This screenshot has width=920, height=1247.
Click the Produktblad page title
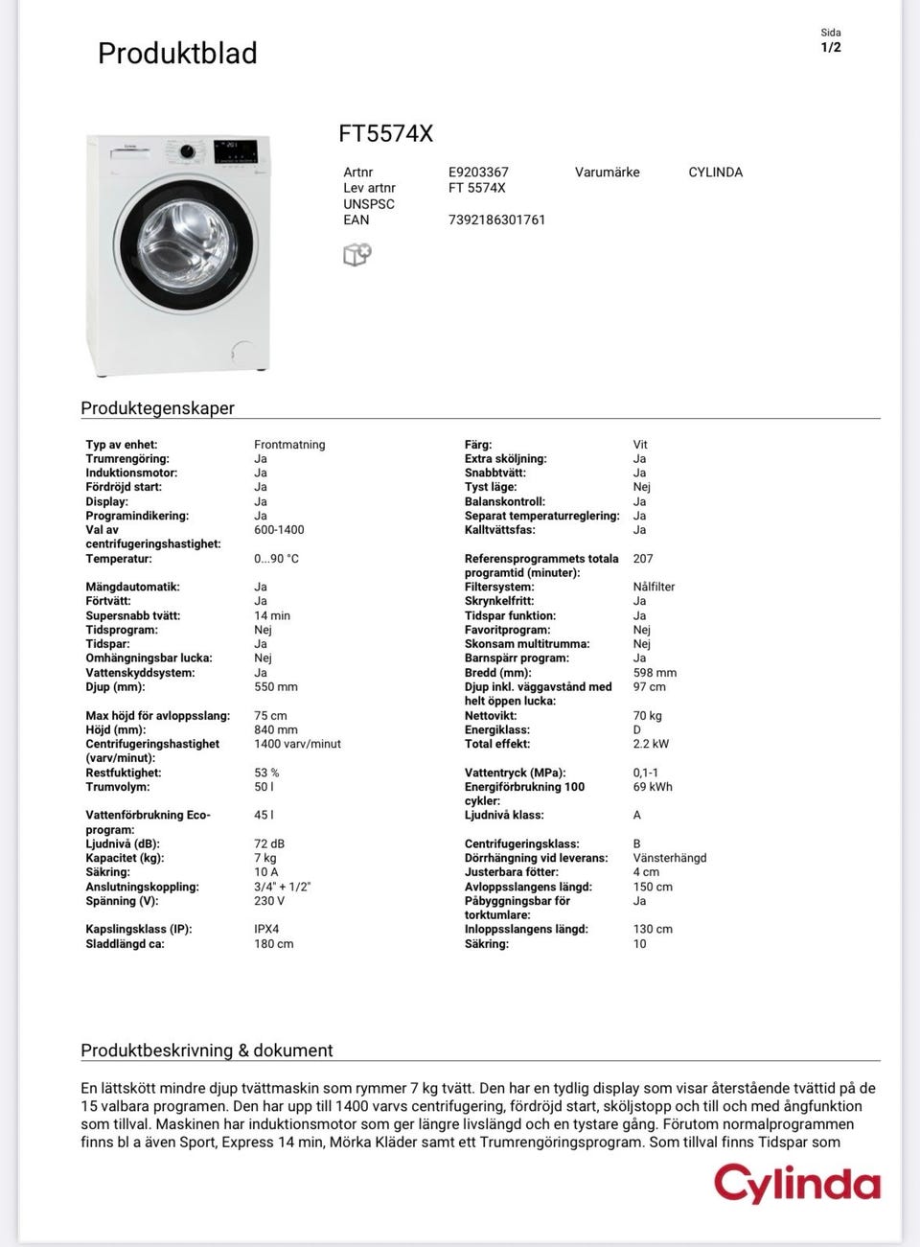click(x=177, y=53)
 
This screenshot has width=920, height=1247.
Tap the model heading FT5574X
click(x=385, y=133)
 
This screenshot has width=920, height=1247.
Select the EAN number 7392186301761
click(x=496, y=219)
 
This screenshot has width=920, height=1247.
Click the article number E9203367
click(x=478, y=173)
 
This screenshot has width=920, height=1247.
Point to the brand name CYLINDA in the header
click(x=715, y=173)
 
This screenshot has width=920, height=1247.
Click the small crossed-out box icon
click(x=356, y=254)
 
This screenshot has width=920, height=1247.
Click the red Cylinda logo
click(x=796, y=1184)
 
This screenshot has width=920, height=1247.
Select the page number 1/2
click(x=831, y=47)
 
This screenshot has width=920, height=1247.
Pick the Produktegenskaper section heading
click(x=157, y=408)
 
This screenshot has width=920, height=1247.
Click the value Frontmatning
click(x=289, y=445)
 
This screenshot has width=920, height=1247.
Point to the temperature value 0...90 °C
click(x=276, y=559)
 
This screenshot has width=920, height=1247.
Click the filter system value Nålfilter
click(x=654, y=587)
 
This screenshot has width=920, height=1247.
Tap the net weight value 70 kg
click(x=647, y=716)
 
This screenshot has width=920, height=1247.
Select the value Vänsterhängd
click(x=669, y=858)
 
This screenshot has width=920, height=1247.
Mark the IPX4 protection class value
click(x=266, y=929)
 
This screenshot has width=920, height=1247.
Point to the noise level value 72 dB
click(x=269, y=844)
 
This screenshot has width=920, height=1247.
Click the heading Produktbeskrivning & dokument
click(x=206, y=1051)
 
